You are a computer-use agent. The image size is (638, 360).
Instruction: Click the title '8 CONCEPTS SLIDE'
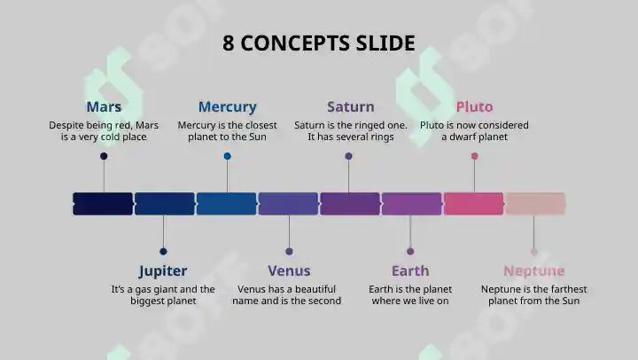[x=319, y=43]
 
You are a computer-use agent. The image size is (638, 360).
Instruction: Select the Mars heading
[x=104, y=106]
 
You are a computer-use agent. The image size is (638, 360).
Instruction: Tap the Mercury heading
[x=228, y=106]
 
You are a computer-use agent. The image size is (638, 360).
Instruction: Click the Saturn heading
[x=350, y=106]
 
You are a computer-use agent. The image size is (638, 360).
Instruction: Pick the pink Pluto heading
[x=474, y=106]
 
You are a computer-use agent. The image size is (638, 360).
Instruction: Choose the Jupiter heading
[x=163, y=270]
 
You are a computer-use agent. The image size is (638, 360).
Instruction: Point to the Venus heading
[x=289, y=270]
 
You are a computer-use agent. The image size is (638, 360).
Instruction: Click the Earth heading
[x=410, y=270]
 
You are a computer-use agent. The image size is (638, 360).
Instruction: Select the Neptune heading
[x=533, y=270]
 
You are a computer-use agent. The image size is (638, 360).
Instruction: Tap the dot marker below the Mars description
[x=104, y=156]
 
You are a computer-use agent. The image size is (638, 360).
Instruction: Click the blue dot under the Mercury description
[x=228, y=156]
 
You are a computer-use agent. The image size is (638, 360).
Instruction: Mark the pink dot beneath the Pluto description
[x=474, y=156]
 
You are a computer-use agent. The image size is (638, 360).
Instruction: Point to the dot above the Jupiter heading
[x=163, y=251]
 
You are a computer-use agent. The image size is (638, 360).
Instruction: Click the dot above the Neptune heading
[x=533, y=252]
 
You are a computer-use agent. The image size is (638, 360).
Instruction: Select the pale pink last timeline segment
[x=535, y=204]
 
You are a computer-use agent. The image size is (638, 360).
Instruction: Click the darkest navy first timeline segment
[x=103, y=204]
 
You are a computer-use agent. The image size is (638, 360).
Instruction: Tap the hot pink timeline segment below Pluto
[x=473, y=204]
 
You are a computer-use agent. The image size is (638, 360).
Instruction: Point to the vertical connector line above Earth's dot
[x=410, y=231]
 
